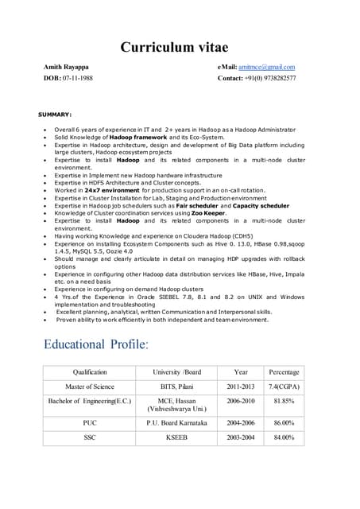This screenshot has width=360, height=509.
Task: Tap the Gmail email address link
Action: [269, 67]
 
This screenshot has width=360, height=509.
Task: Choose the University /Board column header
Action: [176, 371]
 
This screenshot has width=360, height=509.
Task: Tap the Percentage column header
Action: [284, 371]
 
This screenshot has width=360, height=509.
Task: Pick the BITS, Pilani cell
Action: [176, 387]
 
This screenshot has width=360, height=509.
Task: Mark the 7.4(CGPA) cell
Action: [284, 387]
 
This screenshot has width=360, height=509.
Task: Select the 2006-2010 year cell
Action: [240, 402]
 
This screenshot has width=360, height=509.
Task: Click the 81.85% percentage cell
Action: [284, 402]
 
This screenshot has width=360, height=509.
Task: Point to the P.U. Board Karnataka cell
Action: [176, 423]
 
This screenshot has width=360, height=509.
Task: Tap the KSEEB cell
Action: [176, 437]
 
